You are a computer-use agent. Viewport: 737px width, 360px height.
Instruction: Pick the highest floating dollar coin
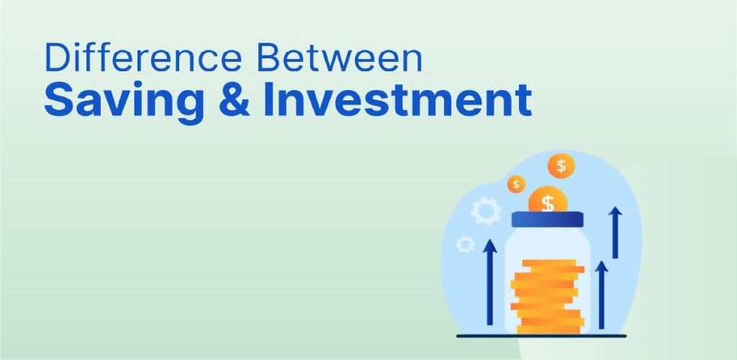(561, 166)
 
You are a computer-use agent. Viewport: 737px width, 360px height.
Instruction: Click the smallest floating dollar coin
(516, 184)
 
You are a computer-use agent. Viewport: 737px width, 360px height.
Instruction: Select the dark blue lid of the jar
(546, 220)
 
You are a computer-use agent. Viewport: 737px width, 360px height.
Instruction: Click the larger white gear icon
(486, 212)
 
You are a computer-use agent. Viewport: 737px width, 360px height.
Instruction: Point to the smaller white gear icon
(465, 244)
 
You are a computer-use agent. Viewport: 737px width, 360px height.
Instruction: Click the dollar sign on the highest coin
(561, 166)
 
